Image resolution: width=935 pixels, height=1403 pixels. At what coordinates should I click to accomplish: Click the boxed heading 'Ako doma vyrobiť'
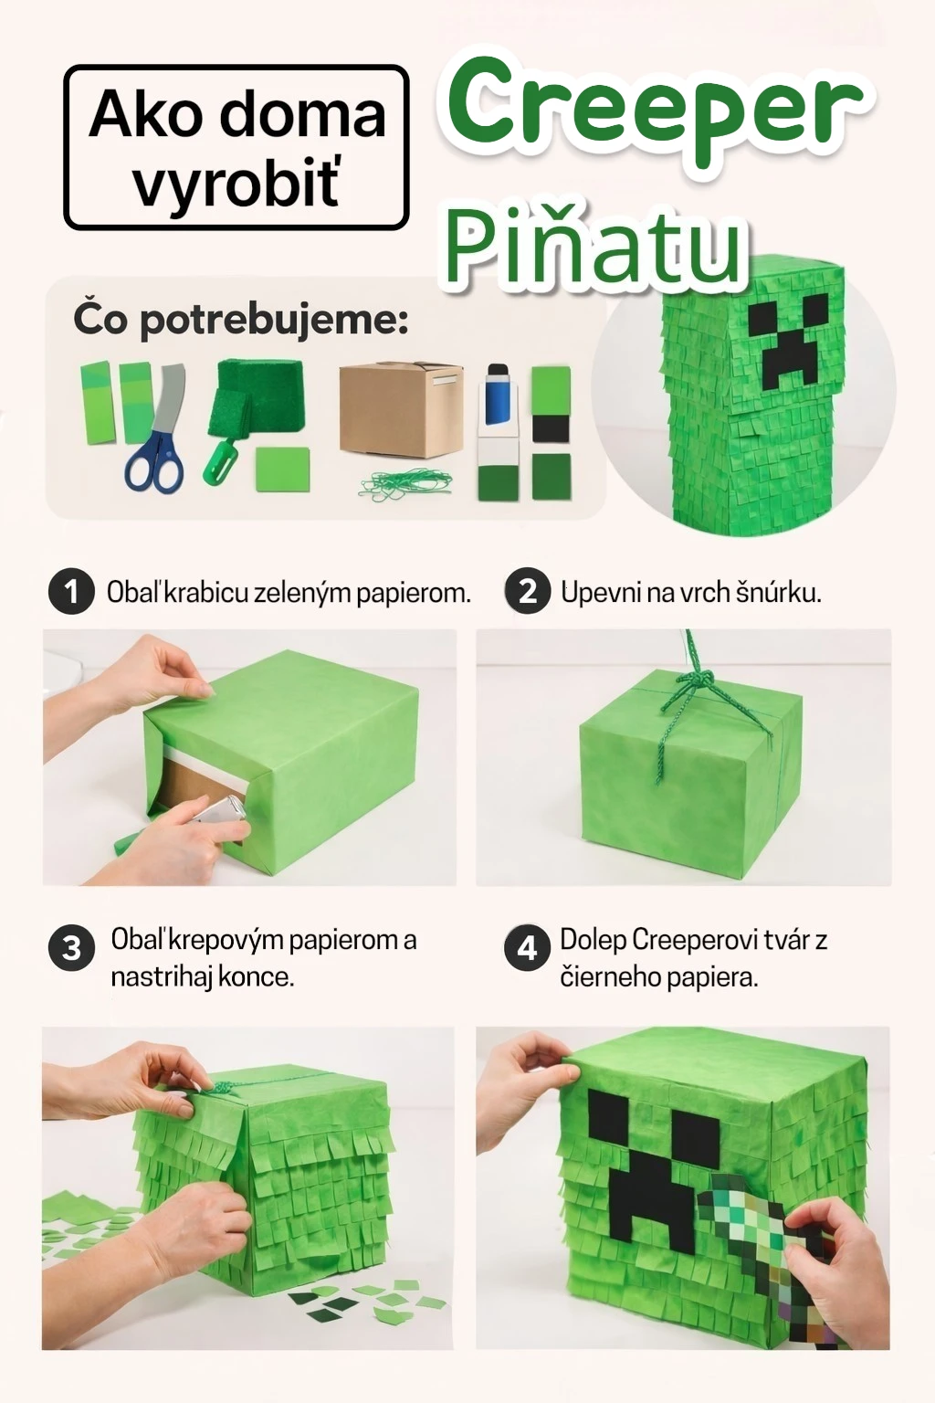tap(236, 147)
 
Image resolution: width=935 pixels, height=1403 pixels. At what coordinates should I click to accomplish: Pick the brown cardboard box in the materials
tap(401, 408)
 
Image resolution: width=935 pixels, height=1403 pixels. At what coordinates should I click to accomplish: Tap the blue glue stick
tap(498, 395)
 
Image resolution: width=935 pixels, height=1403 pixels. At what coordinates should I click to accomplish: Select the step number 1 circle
tap(71, 592)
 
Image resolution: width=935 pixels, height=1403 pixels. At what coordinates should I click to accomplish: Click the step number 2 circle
tap(527, 592)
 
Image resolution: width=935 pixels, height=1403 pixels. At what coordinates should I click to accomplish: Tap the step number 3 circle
tap(71, 948)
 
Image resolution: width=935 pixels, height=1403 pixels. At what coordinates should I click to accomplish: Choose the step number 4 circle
tap(527, 948)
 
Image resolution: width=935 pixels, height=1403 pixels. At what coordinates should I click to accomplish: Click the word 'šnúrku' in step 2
tap(781, 592)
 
